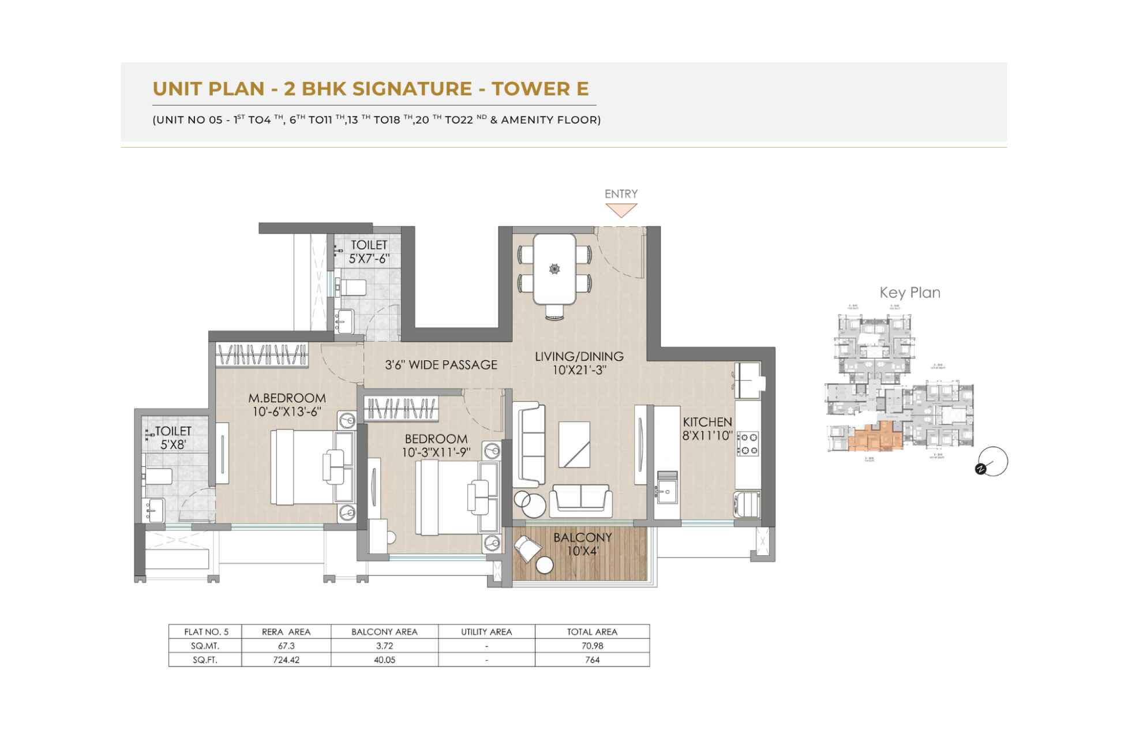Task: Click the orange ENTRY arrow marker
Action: tap(621, 211)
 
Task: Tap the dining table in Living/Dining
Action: tap(554, 268)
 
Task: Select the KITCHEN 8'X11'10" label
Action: tap(707, 429)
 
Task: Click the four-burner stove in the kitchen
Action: tap(749, 444)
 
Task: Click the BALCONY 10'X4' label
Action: tap(582, 544)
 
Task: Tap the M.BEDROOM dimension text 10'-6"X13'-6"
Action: tap(287, 411)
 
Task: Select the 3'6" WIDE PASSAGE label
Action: tap(441, 365)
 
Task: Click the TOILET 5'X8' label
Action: tap(173, 437)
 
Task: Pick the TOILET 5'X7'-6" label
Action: tap(369, 252)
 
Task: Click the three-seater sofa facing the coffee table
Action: tap(529, 444)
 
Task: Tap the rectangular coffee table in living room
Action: tap(574, 444)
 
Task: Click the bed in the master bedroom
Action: tap(312, 467)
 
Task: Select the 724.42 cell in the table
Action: tap(286, 660)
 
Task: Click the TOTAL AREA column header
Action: tap(592, 631)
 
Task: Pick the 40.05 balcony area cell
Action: tap(384, 660)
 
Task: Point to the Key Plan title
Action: tap(910, 293)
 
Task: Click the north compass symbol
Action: tap(991, 463)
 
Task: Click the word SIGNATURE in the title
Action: tap(412, 89)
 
